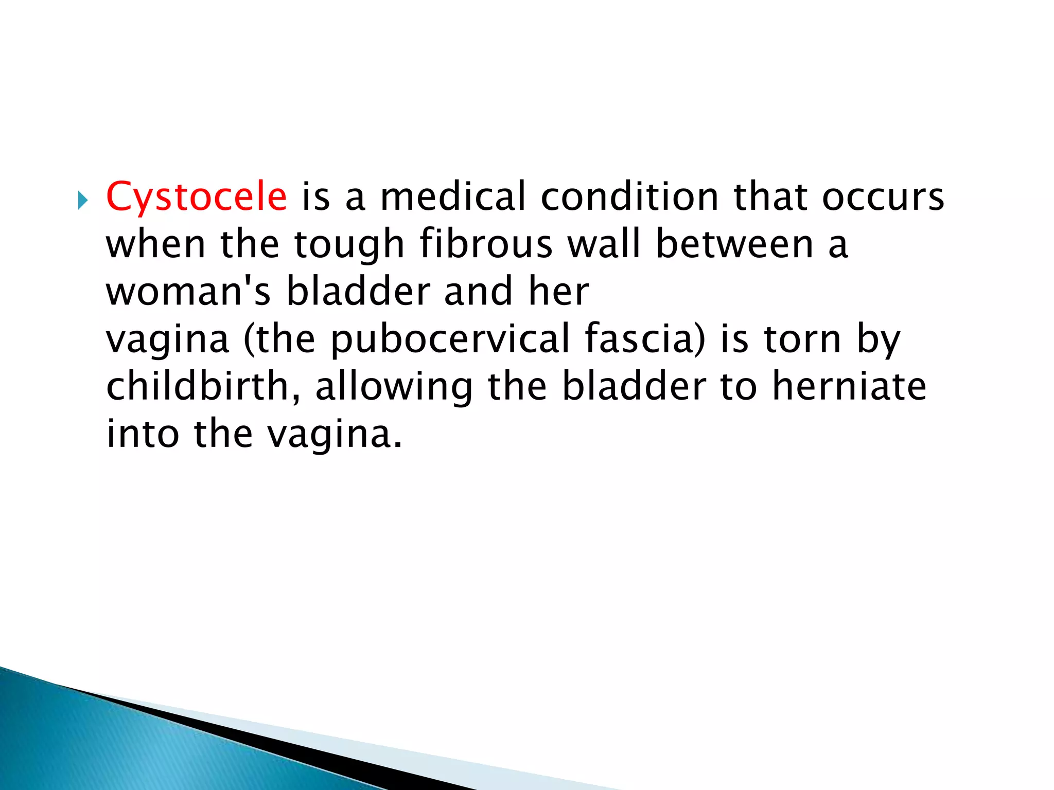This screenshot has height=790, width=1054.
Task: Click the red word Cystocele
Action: pos(196,197)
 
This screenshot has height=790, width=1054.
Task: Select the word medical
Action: pos(453,197)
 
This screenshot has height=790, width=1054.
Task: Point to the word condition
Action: pos(629,197)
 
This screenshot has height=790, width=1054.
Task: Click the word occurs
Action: pos(883,197)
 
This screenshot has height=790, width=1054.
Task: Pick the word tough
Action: pos(349,244)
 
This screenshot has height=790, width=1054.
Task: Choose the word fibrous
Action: pos(486,244)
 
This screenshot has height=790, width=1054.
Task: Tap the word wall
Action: pos(604,244)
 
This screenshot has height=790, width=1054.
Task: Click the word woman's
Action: pos(188,292)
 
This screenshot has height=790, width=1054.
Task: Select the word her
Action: pos(558,292)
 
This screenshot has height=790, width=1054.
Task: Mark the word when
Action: pos(156,244)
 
